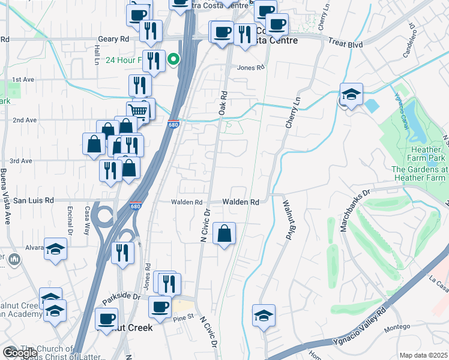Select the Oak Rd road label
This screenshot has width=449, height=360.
click(223, 103)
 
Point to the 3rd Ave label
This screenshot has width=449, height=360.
click(21, 161)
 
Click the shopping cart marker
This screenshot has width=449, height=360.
click(137, 111)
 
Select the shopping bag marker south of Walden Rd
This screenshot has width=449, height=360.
click(224, 233)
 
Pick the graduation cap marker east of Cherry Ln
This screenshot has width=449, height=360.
click(351, 94)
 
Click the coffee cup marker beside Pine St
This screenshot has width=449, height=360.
click(160, 307)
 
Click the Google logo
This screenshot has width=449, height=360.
click(20, 353)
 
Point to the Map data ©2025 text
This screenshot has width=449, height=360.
click(423, 355)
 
